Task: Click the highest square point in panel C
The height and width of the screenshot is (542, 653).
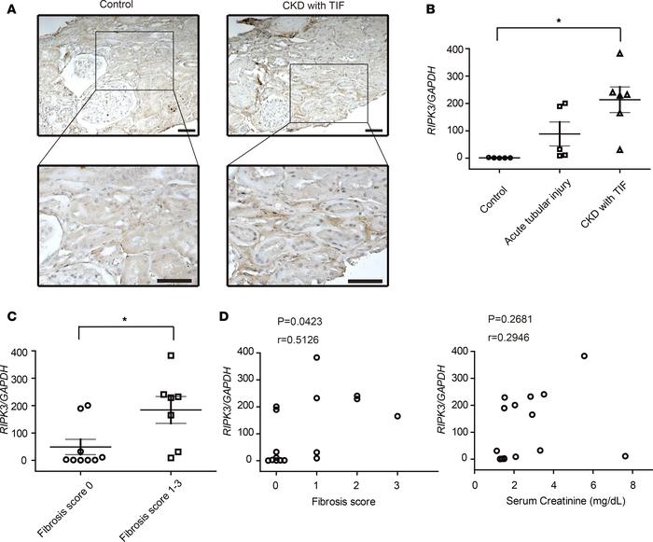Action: tap(169, 355)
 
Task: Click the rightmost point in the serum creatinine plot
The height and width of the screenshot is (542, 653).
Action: tap(624, 456)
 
